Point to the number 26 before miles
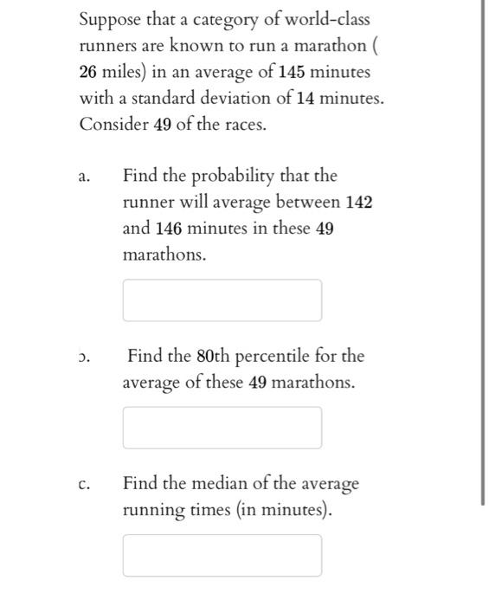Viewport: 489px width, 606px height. point(90,71)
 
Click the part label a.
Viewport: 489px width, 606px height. point(84,177)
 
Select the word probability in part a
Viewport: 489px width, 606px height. point(231,177)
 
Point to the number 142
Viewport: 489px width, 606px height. point(358,203)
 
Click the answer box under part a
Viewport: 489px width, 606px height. point(222,300)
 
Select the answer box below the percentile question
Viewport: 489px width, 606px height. point(222,428)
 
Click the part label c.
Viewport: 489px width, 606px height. point(84,485)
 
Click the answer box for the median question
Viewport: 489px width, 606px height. point(222,555)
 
